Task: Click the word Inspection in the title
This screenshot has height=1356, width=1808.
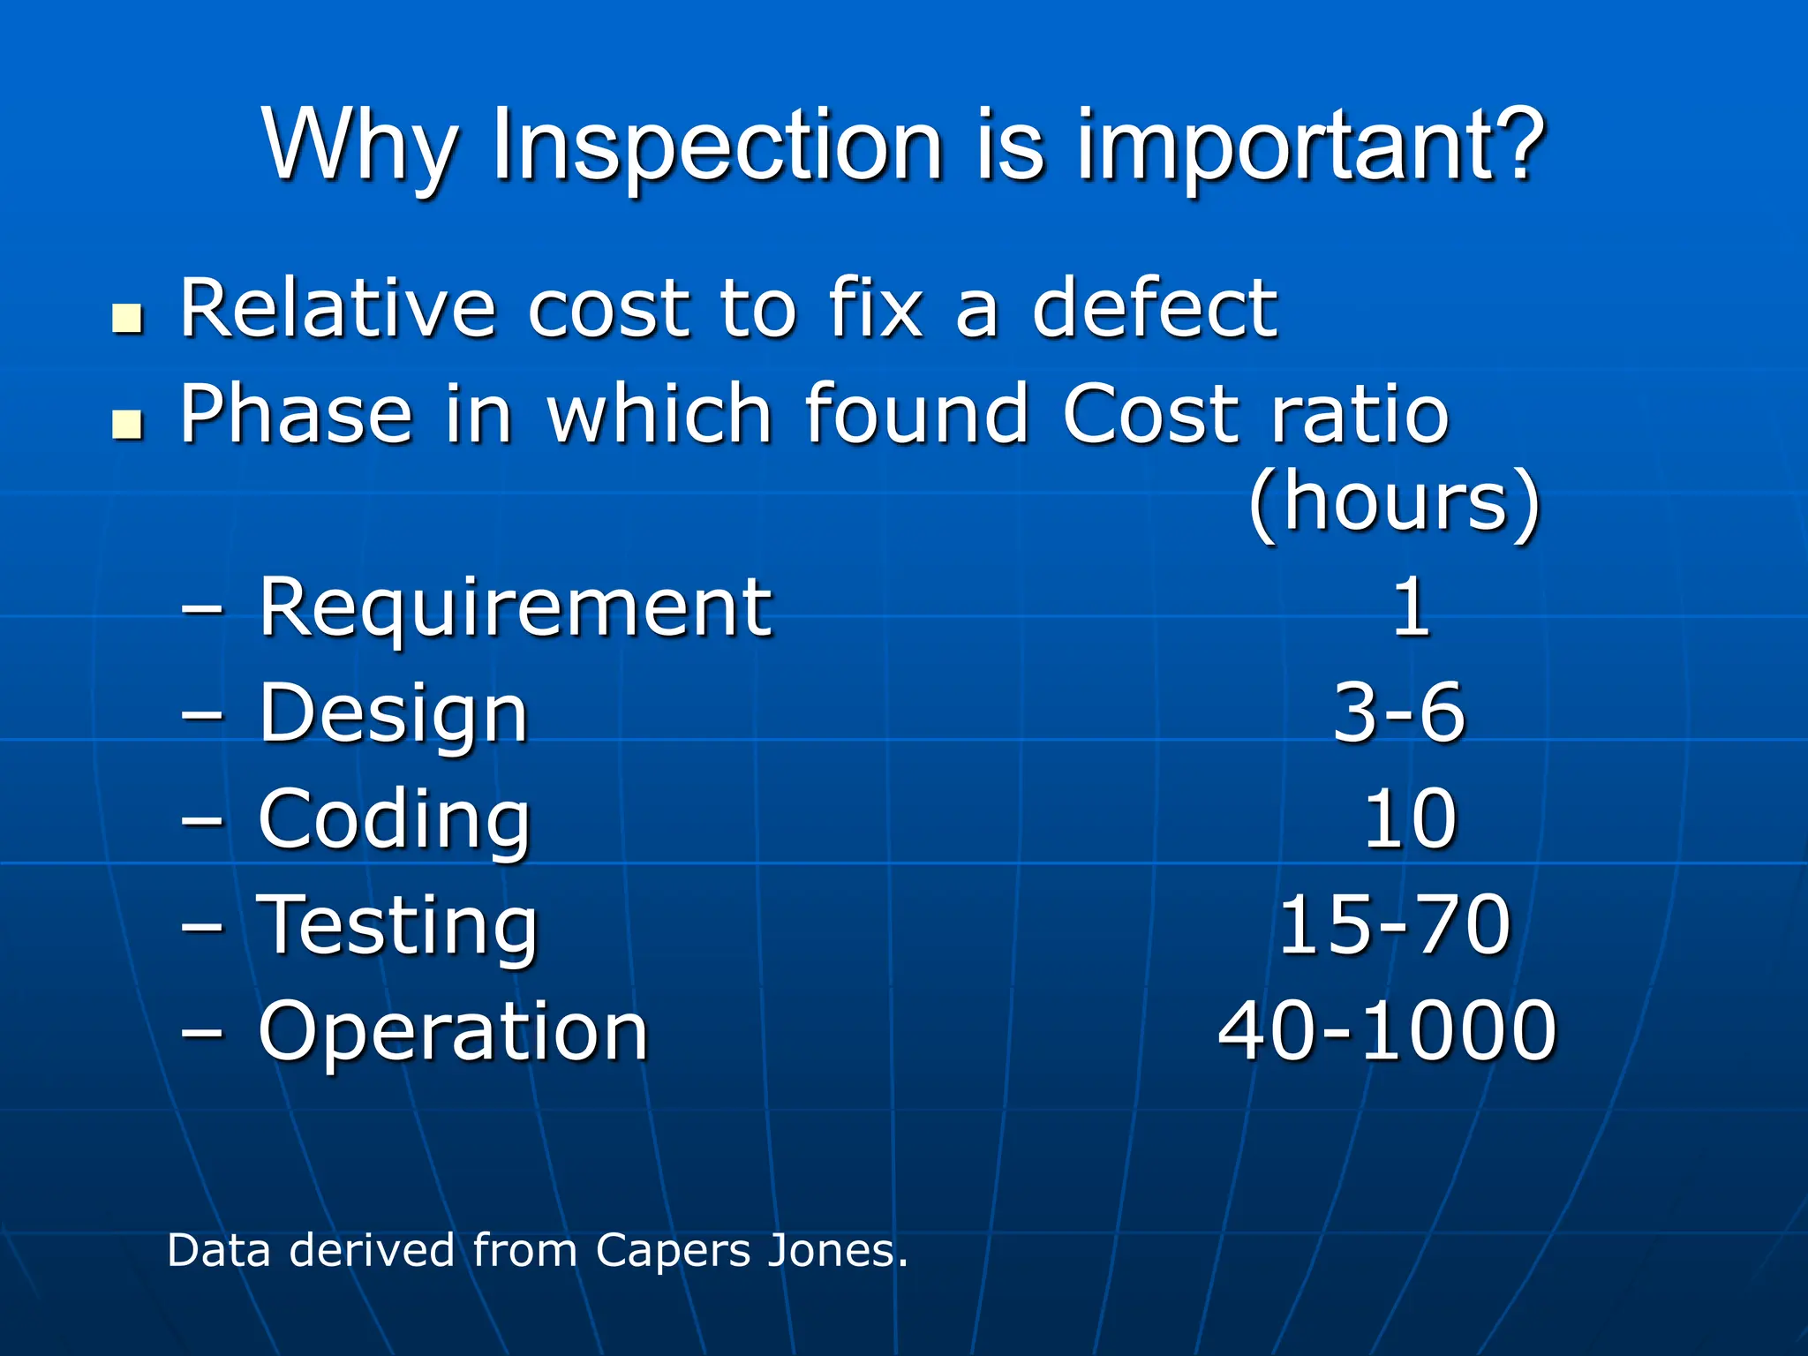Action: click(x=718, y=147)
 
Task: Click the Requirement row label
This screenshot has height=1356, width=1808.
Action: click(x=515, y=609)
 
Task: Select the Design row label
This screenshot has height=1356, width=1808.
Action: click(x=393, y=715)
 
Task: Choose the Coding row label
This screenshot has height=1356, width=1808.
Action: click(x=394, y=821)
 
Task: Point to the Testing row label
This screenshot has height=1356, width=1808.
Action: click(x=397, y=927)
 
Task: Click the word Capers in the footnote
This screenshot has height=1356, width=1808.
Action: click(x=672, y=1252)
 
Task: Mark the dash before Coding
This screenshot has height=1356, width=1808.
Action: click(x=202, y=820)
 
